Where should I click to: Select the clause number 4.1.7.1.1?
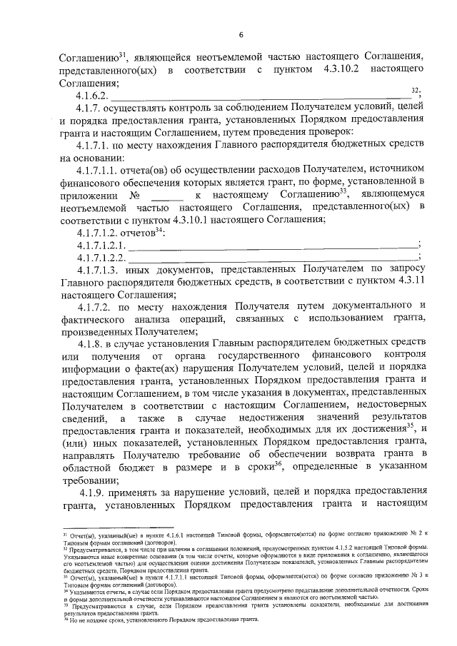click(x=101, y=169)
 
